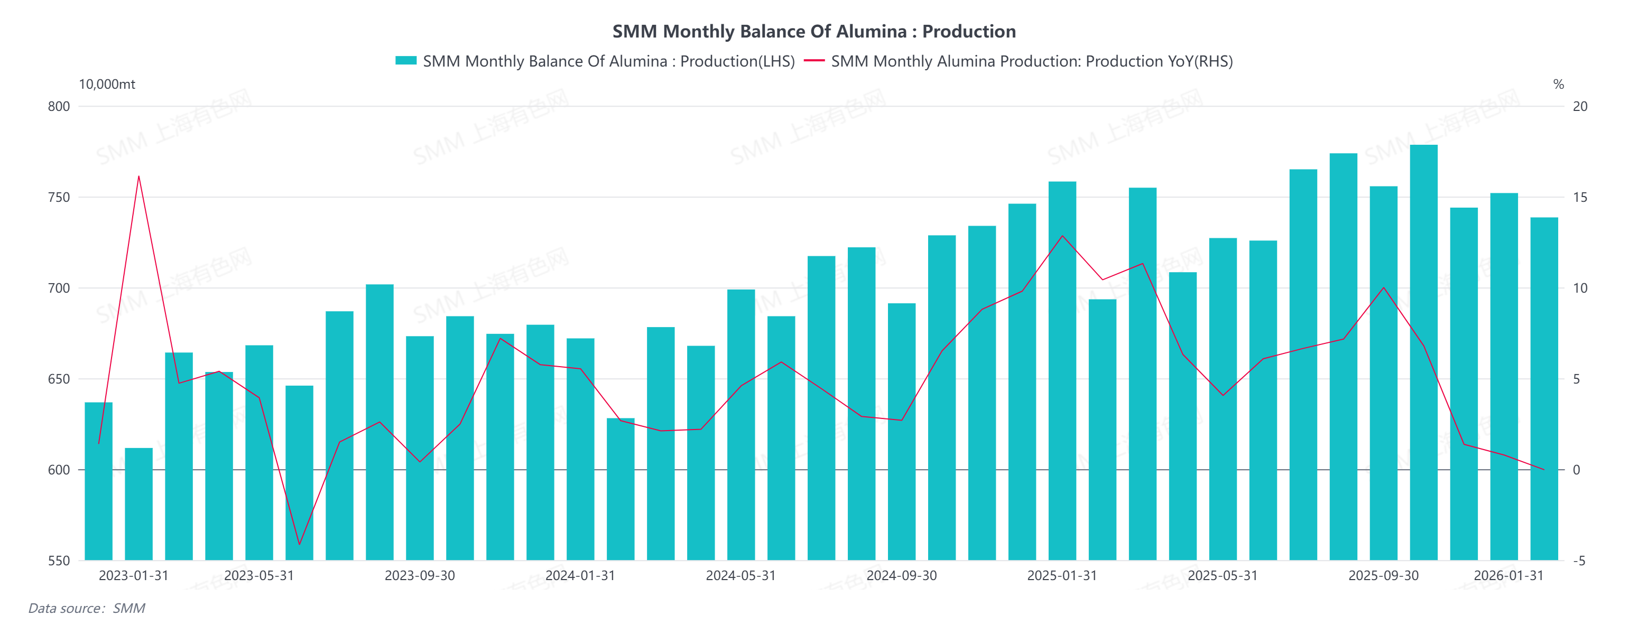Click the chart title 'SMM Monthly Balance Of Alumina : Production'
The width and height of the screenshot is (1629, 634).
click(x=814, y=31)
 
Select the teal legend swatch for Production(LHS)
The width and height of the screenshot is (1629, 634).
click(x=405, y=61)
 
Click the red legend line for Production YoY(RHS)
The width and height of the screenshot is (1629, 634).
click(x=814, y=61)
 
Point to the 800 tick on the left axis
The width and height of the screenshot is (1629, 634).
click(x=59, y=106)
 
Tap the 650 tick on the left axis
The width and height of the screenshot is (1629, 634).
click(x=59, y=379)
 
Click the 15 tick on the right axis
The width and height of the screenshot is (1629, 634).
click(x=1580, y=197)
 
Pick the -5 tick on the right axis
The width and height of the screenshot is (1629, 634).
click(x=1578, y=561)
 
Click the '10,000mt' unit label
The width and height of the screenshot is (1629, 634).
click(x=107, y=84)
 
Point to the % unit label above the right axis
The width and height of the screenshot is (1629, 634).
click(x=1558, y=84)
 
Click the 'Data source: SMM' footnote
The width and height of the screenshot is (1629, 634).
click(x=87, y=608)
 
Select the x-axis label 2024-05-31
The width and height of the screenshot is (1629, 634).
click(x=741, y=576)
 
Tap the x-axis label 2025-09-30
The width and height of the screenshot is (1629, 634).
click(x=1383, y=576)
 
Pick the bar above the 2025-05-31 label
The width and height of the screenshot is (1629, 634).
click(x=1223, y=399)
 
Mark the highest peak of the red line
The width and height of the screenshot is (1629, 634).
click(x=138, y=176)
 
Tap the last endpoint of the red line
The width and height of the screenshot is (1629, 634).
click(x=1543, y=470)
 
